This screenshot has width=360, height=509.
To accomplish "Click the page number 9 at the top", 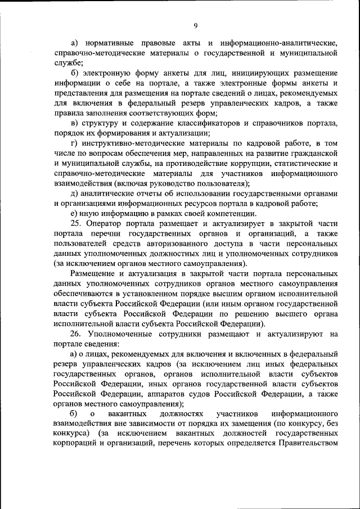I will coord(195,25).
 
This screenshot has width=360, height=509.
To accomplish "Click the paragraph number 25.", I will coord(76,224).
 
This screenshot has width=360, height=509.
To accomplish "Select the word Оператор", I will coord(104,224).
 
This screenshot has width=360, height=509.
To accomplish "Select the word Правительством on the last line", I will coord(307,445).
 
